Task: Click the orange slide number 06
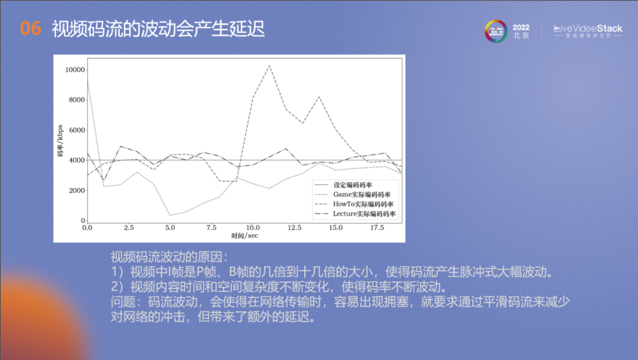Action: point(31,28)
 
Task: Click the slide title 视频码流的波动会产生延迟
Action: point(158,28)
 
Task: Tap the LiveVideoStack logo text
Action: point(587,28)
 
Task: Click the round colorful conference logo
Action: point(496,31)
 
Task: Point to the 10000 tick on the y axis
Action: point(76,70)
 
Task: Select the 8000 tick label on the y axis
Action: point(77,100)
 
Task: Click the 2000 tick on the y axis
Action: point(77,190)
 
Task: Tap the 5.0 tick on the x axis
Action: point(171,228)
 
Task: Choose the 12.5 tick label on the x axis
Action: point(294,228)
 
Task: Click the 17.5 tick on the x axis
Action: point(377,228)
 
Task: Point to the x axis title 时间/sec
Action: point(245,236)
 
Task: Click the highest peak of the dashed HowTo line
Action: point(269,65)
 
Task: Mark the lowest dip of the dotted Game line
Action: point(171,215)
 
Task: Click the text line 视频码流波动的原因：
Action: point(169,258)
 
